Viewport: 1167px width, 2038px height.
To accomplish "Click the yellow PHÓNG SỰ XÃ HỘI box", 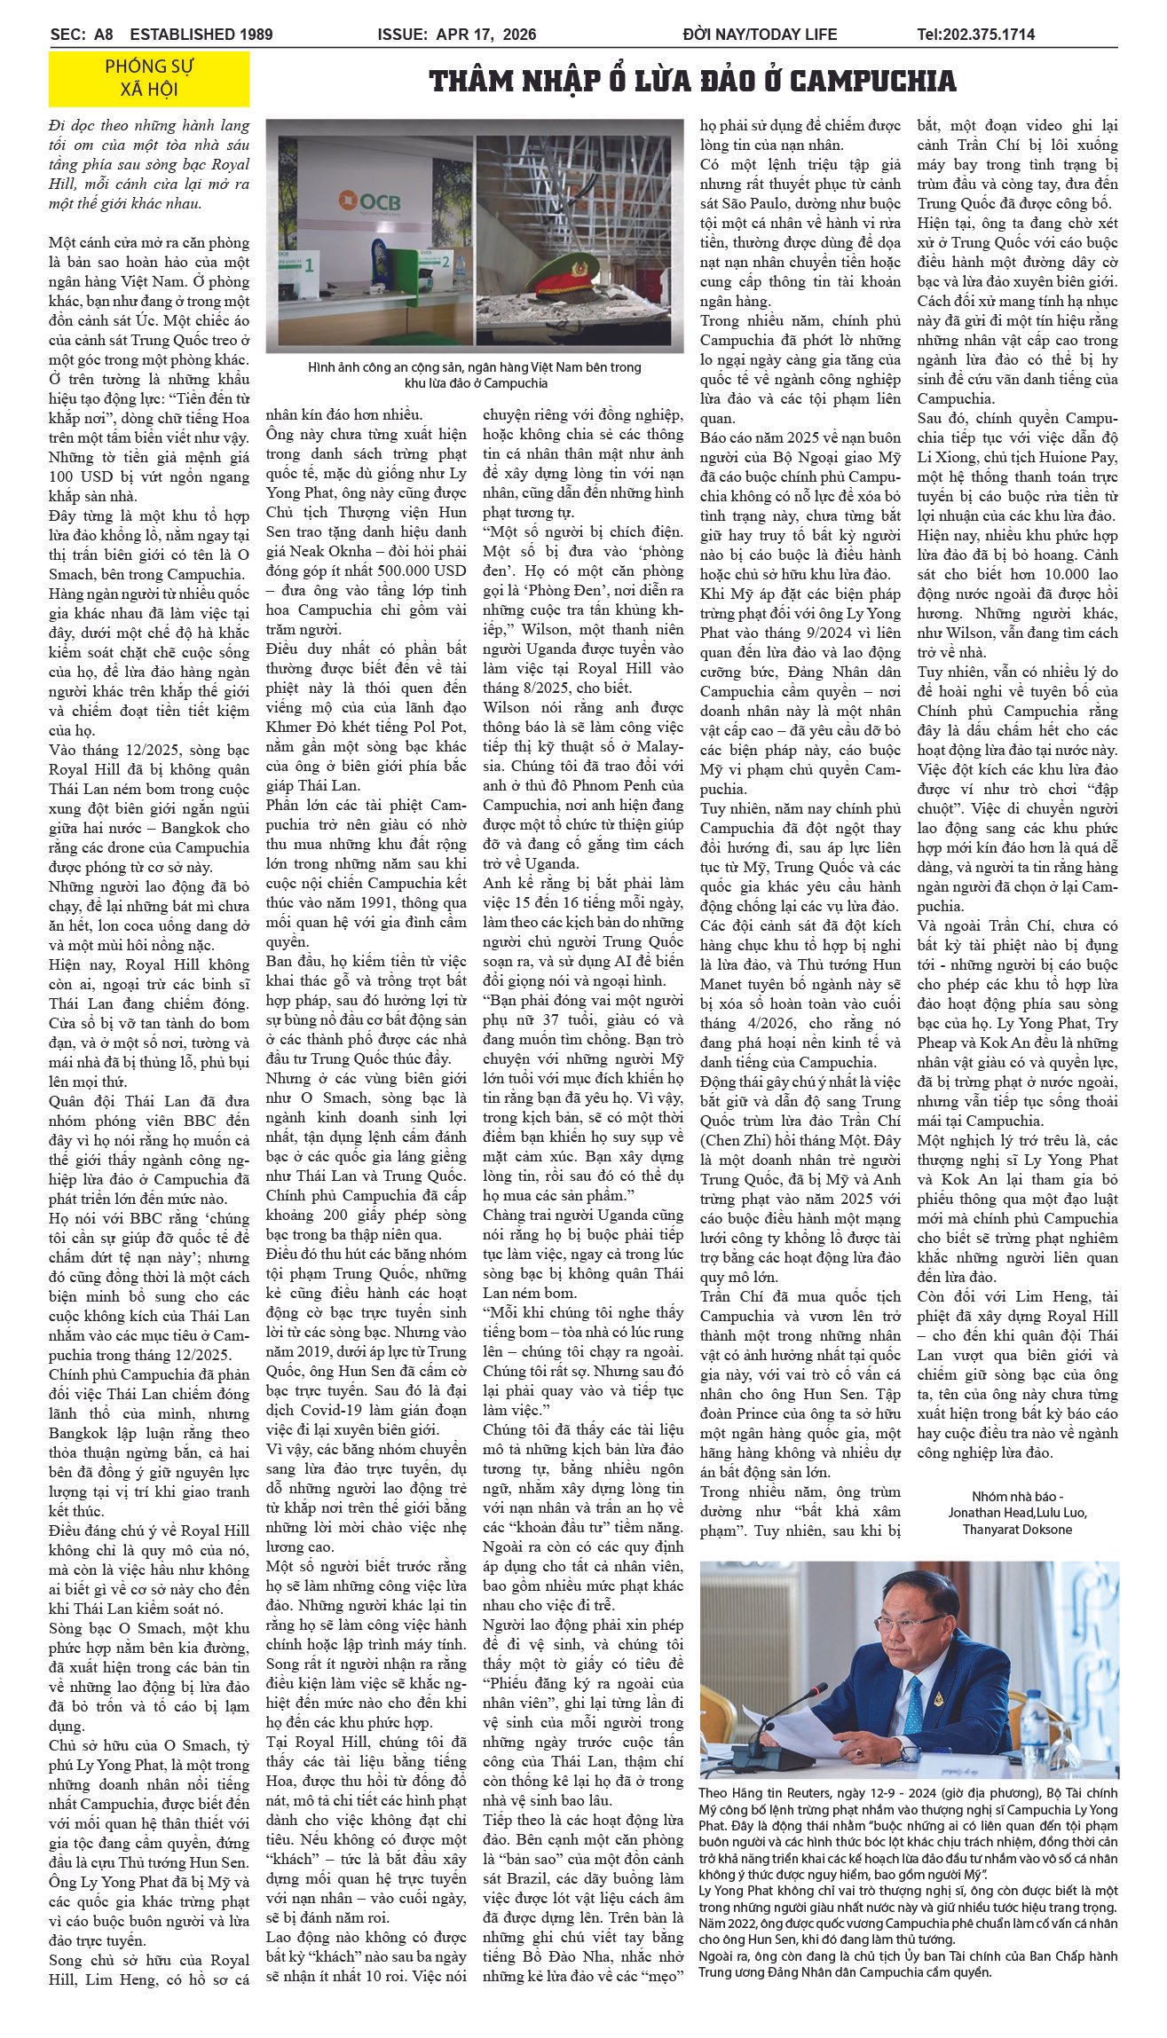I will [149, 78].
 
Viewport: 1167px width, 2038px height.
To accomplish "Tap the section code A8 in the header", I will [104, 35].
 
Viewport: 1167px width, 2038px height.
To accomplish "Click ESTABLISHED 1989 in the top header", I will [201, 35].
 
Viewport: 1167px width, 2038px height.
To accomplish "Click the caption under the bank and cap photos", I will [475, 374].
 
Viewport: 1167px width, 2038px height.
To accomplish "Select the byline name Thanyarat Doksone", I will [1017, 1529].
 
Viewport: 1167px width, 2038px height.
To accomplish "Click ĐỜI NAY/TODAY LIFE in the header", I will [760, 35].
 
